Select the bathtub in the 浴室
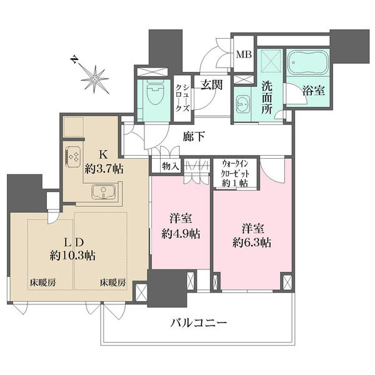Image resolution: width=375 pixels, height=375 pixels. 307,63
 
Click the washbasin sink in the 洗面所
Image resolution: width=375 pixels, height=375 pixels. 242,104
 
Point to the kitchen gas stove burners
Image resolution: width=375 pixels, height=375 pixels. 73,156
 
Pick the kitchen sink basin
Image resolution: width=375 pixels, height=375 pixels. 104,192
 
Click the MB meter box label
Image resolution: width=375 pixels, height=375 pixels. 244,55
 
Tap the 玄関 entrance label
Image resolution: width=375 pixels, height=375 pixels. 211,84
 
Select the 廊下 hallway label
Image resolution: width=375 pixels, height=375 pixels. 194,136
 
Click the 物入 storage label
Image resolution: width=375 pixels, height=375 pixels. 170,166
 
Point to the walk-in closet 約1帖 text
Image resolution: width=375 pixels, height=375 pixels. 234,183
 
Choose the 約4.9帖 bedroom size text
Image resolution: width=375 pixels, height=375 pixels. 181,234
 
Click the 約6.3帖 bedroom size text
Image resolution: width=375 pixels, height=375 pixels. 252,242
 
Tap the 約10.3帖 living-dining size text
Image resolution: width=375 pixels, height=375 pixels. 72,256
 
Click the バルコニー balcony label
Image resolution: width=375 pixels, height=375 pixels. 199,324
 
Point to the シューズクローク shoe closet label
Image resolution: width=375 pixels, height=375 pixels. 182,98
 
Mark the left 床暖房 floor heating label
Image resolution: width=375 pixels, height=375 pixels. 43,282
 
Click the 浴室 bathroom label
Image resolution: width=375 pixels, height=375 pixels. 314,90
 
